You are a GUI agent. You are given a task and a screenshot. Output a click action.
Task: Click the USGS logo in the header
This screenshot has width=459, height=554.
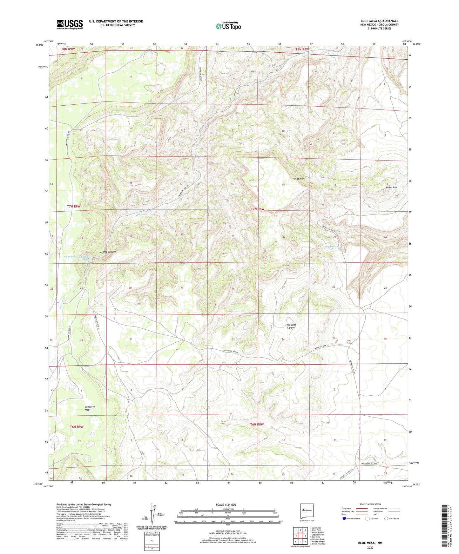pyautogui.click(x=70, y=24)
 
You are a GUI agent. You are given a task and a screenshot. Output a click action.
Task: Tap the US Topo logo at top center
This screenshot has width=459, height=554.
pyautogui.click(x=228, y=26)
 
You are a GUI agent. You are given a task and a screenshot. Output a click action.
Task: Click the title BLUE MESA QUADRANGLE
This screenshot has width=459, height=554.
pyautogui.click(x=379, y=21)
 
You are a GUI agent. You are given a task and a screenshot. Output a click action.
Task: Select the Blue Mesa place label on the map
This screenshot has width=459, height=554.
pyautogui.click(x=300, y=179)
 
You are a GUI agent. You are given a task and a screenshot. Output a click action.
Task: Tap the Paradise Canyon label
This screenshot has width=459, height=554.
pyautogui.click(x=291, y=326)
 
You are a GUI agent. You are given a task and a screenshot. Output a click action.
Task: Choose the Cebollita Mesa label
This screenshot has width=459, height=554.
pyautogui.click(x=90, y=408)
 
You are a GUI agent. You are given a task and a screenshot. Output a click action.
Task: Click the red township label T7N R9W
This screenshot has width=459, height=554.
pyautogui.click(x=74, y=207)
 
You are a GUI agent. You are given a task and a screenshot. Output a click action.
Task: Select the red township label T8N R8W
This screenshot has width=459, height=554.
pyautogui.click(x=302, y=49)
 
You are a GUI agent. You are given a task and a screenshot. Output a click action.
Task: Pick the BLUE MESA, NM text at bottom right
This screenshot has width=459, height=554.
pyautogui.click(x=370, y=543)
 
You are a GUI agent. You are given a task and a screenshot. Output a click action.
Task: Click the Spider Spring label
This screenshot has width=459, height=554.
pyautogui.click(x=70, y=256)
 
